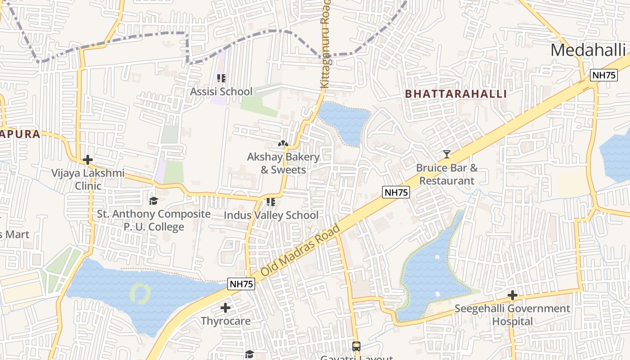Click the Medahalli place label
588,50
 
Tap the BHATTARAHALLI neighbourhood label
456,94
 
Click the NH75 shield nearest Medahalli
603,75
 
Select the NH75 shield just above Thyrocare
242,284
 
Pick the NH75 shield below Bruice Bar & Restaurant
396,193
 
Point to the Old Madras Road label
300,251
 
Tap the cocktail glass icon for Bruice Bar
446,154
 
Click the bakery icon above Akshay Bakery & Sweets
283,144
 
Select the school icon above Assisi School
221,78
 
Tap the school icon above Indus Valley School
270,202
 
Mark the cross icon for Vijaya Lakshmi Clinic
88,160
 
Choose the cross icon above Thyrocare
225,308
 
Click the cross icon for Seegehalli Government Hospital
512,296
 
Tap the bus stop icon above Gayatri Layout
356,346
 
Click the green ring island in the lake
140,293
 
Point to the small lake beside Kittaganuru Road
344,121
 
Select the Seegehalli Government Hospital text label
512,315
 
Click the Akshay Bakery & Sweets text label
283,163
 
